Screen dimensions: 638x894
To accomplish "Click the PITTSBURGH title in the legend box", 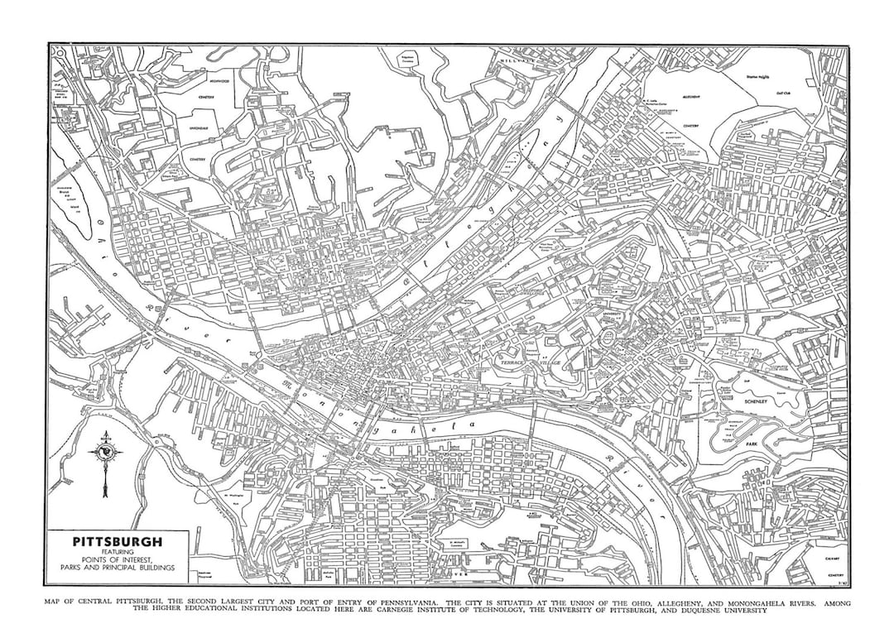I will click(x=117, y=543).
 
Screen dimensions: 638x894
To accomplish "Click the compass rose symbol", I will click(x=106, y=453).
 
